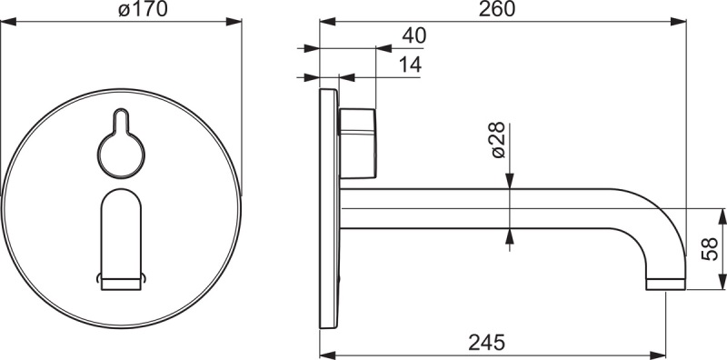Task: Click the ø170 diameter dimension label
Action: [143, 9]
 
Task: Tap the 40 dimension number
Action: [413, 35]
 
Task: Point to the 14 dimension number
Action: [410, 65]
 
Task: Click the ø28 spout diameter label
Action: [497, 140]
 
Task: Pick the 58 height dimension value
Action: [710, 249]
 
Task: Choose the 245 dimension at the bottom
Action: [486, 344]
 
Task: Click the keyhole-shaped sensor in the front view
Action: [121, 144]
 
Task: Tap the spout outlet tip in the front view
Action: [121, 284]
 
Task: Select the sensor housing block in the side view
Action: [357, 144]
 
